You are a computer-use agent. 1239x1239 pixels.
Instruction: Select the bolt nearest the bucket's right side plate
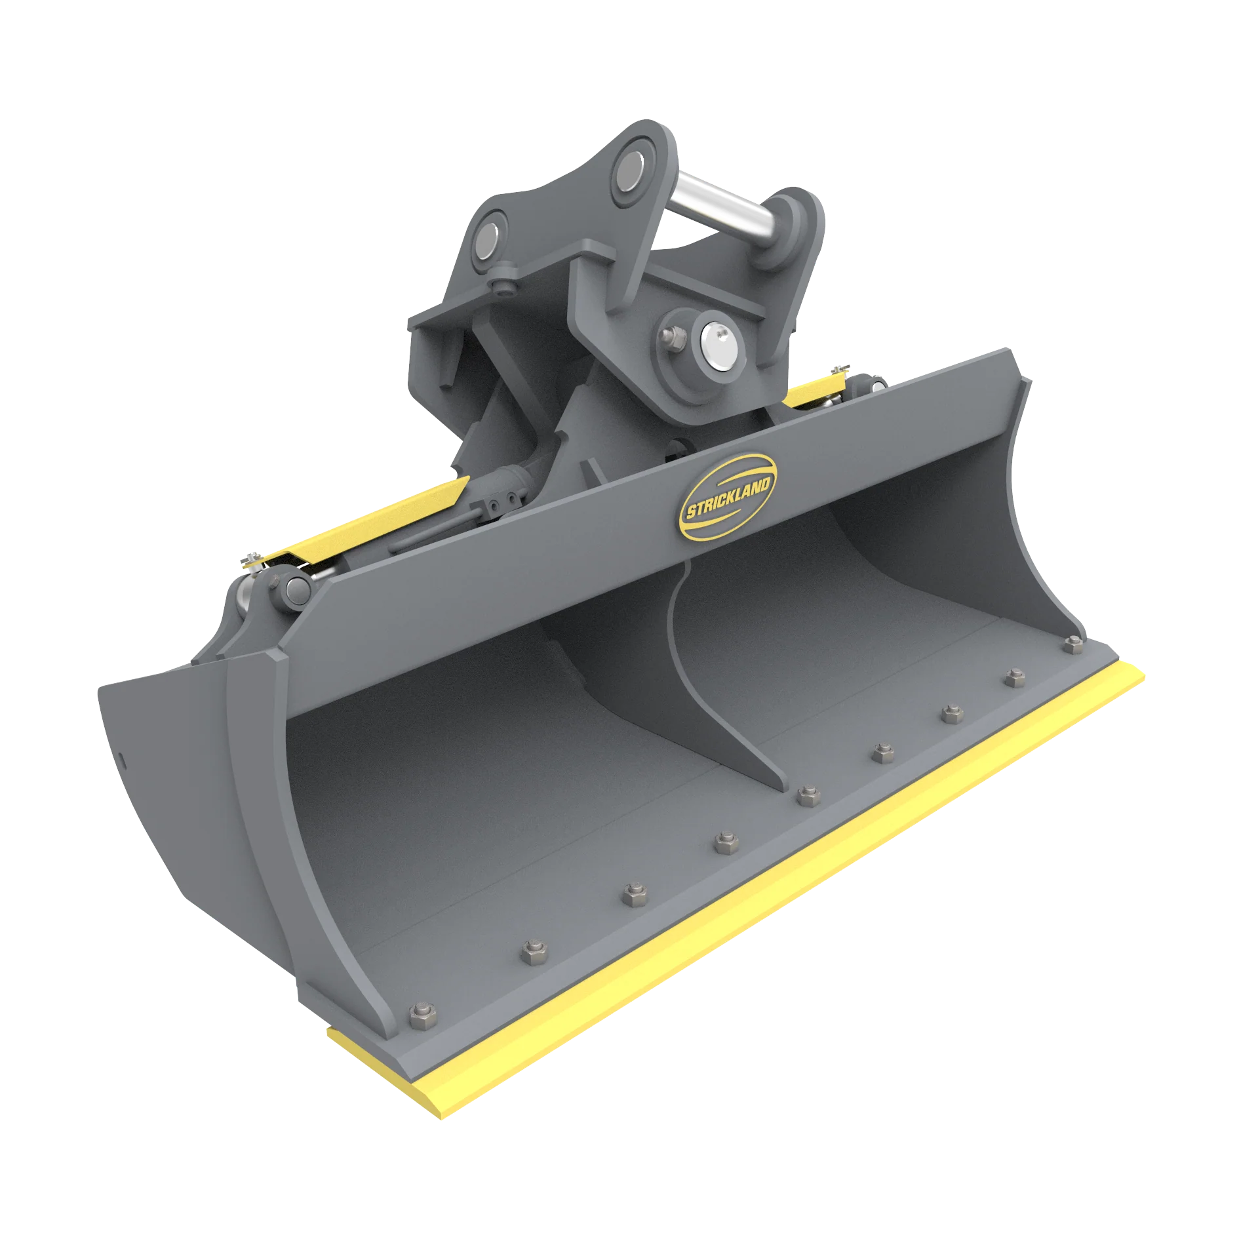pyautogui.click(x=1072, y=646)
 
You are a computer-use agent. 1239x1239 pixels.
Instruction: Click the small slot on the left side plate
pyautogui.click(x=123, y=757)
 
